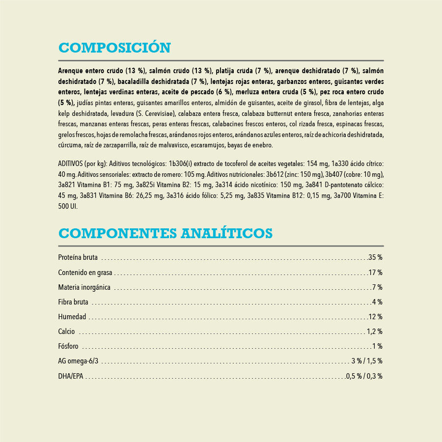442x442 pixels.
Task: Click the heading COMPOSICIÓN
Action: tap(114, 48)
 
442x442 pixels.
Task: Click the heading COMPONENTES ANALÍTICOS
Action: tap(165, 232)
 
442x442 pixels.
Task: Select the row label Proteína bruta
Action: tap(78, 257)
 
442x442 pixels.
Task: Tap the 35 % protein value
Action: tap(376, 257)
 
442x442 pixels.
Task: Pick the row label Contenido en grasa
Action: tap(85, 272)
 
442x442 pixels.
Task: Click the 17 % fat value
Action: tap(376, 272)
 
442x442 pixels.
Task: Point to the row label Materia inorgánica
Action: tap(84, 287)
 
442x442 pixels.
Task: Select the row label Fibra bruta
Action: tap(73, 302)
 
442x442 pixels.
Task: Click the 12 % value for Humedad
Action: tap(376, 316)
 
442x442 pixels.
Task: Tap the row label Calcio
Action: tap(66, 331)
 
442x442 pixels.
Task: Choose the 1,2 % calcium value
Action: tap(374, 331)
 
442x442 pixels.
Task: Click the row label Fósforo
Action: tap(68, 346)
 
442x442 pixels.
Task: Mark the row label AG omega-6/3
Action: tap(78, 361)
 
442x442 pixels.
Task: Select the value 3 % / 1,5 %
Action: tap(366, 361)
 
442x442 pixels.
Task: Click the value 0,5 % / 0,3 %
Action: tap(364, 376)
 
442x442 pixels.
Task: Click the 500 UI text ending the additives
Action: tap(67, 207)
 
